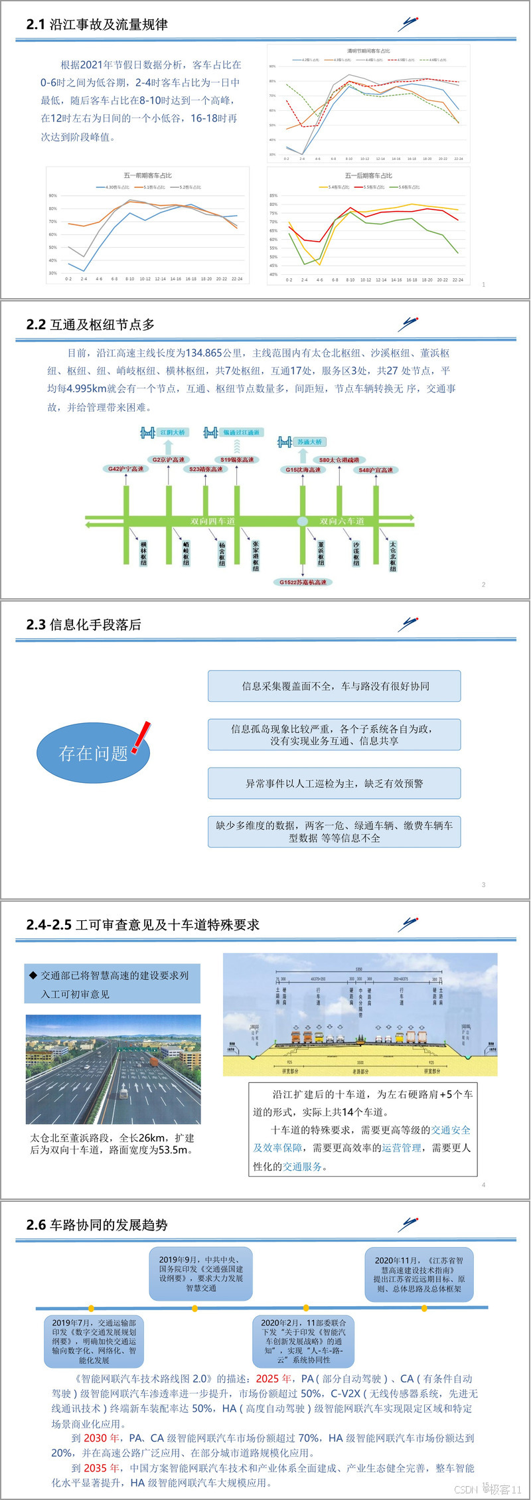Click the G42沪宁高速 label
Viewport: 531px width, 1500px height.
126,469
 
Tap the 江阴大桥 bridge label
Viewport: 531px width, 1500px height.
173,432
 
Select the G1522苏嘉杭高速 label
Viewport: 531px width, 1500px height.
303,582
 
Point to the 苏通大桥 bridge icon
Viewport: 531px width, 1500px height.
285,442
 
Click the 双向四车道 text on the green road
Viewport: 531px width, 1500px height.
212,521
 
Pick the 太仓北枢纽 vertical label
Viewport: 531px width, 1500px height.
393,556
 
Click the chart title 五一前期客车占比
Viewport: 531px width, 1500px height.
147,175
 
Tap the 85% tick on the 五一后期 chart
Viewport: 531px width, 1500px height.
273,196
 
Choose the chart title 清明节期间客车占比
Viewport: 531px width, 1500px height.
368,51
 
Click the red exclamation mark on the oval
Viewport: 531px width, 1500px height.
141,737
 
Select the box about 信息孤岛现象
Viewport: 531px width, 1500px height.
334,734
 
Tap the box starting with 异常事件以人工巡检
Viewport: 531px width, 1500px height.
334,784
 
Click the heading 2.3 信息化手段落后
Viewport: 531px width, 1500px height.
84,625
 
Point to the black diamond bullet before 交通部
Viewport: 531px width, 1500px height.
33,975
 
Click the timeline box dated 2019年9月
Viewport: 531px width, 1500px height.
200,1274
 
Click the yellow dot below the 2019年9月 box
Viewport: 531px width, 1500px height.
194,1309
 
